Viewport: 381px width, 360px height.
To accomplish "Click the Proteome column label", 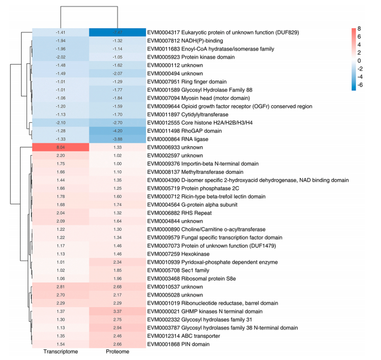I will [117, 352].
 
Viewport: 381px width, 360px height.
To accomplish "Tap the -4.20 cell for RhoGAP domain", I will [117, 130].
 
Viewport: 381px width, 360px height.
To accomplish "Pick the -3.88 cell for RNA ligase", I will [117, 139].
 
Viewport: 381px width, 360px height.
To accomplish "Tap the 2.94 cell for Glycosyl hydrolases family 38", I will [117, 327].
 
